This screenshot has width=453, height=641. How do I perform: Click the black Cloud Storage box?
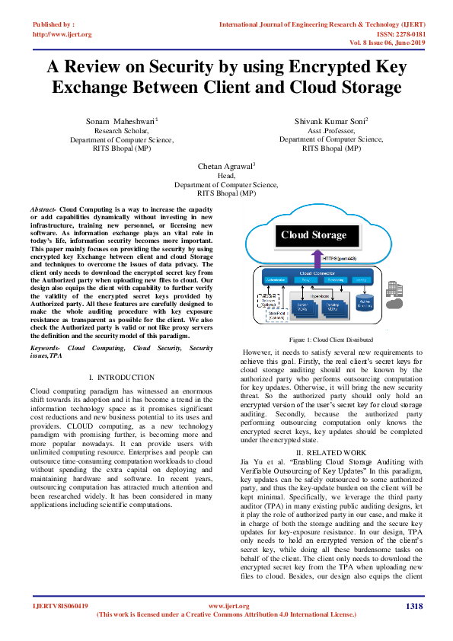pos(313,234)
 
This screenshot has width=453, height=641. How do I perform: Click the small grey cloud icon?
pos(394,304)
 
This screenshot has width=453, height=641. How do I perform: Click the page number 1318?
pos(414,606)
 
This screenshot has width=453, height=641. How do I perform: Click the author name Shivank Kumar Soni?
pos(330,121)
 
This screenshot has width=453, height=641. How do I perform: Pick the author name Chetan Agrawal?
pos(225,165)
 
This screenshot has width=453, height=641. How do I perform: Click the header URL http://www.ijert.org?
pos(61,34)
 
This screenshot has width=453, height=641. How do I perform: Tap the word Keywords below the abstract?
pos(45,347)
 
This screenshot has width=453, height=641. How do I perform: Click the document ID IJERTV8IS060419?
pos(59,606)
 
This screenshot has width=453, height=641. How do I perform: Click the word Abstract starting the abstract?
pos(43,209)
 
